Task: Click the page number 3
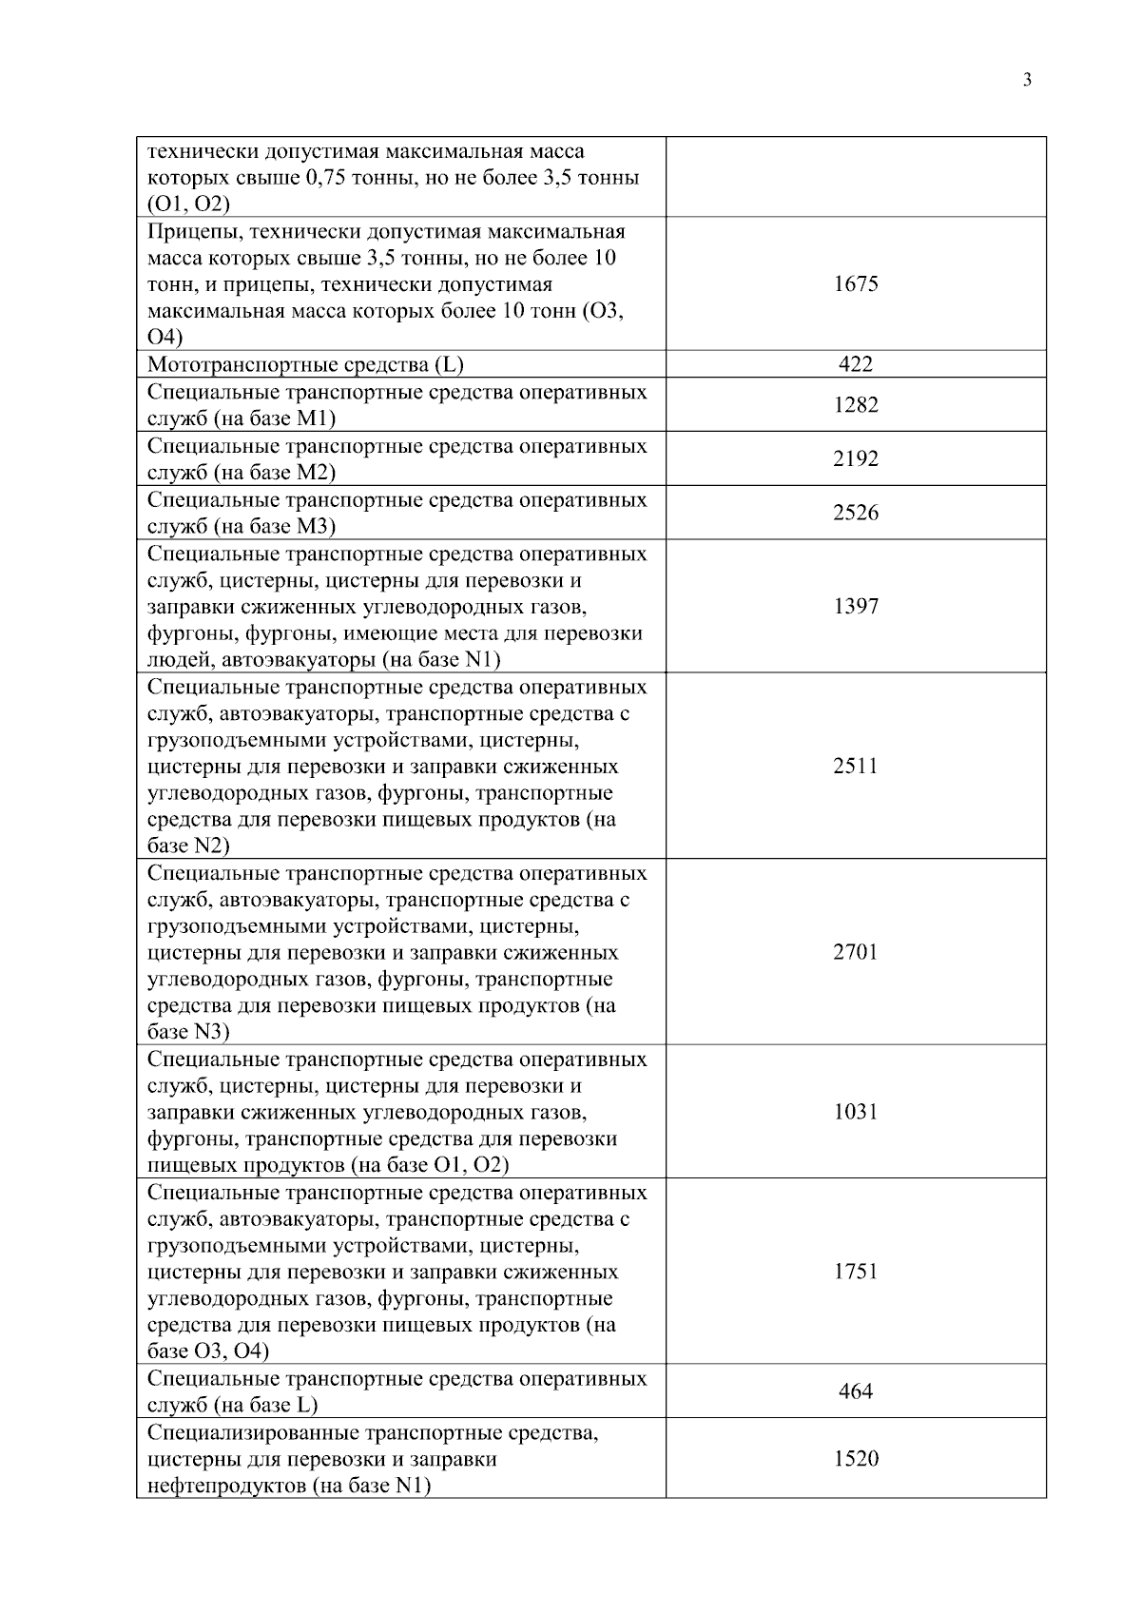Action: point(1027,80)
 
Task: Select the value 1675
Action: point(855,283)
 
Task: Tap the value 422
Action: point(855,364)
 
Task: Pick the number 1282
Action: point(855,405)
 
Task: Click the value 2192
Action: point(855,459)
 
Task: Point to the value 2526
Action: point(855,514)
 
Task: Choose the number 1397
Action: point(855,607)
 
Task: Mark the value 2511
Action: point(855,767)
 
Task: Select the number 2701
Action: point(855,953)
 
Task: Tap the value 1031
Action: point(855,1113)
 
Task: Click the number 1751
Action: point(855,1273)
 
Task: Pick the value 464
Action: point(855,1392)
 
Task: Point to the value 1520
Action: point(855,1459)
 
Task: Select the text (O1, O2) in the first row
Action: point(188,204)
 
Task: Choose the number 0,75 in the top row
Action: point(324,178)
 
